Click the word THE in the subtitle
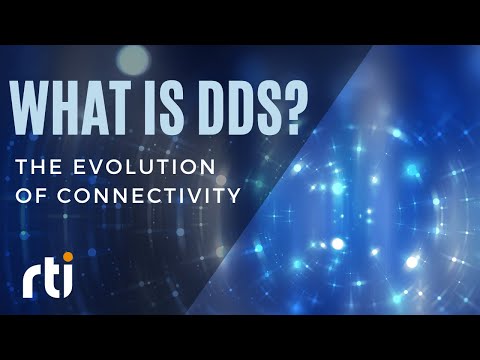pyautogui.click(x=37, y=166)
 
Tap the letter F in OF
pyautogui.click(x=40, y=194)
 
